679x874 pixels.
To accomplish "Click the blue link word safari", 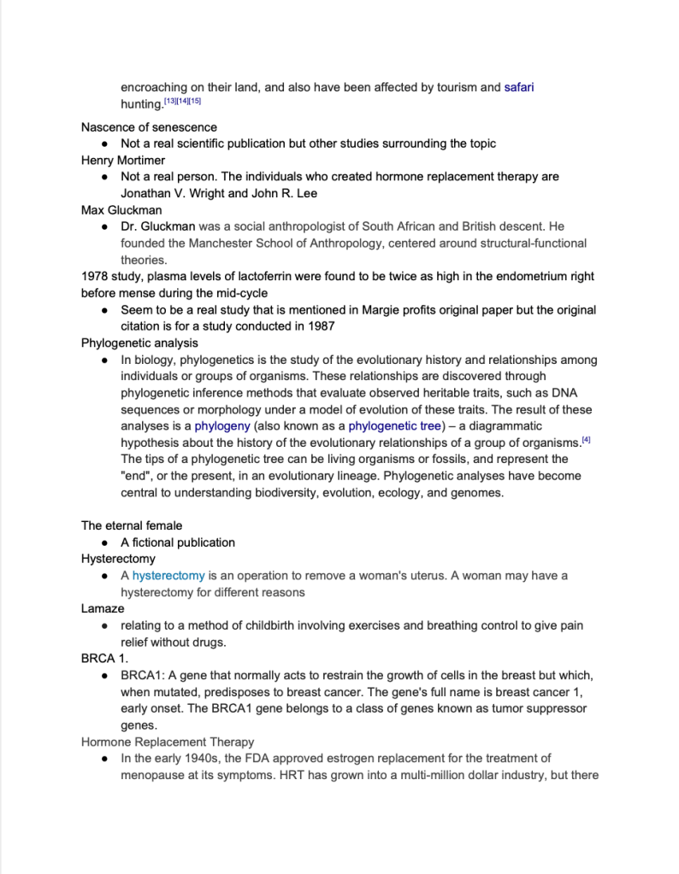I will click(518, 87).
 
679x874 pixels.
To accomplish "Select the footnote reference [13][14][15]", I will click(182, 102).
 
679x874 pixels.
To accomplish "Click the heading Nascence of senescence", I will click(149, 127).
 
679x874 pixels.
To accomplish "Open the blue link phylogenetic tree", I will click(394, 425).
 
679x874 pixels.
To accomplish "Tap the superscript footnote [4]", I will click(586, 440).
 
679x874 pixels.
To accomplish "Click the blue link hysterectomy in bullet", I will click(168, 576).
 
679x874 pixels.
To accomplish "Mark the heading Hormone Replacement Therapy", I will click(168, 742).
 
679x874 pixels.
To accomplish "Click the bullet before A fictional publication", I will click(103, 543).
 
